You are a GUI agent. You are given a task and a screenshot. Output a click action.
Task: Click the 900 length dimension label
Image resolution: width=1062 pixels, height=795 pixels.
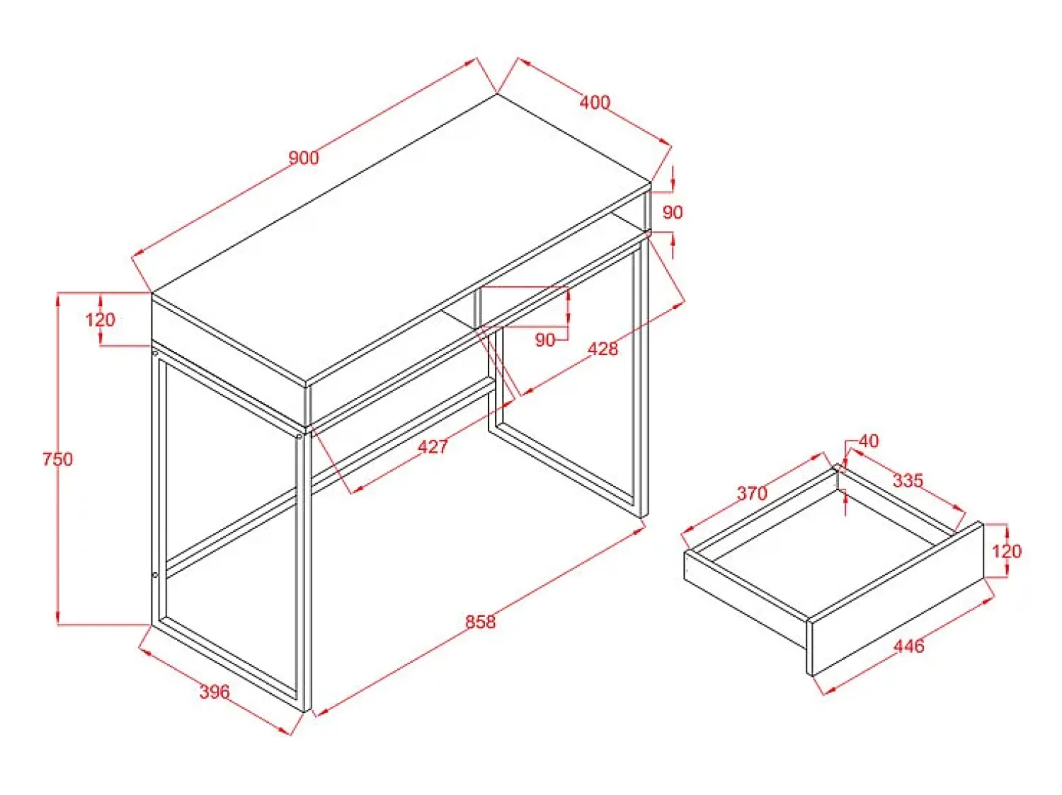tap(303, 158)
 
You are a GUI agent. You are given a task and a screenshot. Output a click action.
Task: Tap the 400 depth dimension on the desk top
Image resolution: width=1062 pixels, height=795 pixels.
tap(595, 103)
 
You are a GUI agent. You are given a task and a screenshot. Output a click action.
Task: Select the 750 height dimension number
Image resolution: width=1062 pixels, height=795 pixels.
tap(57, 458)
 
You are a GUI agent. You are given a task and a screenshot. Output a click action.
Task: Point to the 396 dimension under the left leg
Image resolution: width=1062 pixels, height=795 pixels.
tap(215, 692)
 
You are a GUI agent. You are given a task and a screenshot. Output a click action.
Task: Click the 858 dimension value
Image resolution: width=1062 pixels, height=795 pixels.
tap(480, 622)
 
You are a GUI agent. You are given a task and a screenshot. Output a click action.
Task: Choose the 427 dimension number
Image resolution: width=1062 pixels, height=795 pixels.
tap(433, 446)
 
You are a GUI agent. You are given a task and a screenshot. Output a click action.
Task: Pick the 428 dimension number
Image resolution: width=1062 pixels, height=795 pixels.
tap(603, 349)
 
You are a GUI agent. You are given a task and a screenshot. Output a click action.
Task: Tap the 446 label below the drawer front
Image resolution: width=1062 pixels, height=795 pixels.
tap(908, 646)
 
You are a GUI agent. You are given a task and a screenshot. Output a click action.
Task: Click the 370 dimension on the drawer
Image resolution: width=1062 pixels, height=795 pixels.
tap(752, 494)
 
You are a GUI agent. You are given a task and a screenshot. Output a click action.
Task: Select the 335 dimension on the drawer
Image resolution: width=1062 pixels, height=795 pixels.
tap(908, 480)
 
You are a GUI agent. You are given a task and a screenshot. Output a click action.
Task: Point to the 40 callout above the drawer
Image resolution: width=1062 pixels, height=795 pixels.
tap(869, 441)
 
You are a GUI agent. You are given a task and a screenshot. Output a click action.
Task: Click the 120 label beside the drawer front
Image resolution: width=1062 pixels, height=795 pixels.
tap(1006, 552)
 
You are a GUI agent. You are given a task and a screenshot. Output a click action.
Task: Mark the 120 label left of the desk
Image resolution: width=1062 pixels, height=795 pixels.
tap(100, 320)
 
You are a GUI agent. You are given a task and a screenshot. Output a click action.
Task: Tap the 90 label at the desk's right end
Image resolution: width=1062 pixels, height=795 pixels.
tap(672, 212)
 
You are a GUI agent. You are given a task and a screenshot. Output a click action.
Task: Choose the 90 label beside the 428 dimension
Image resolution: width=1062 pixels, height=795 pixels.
tap(544, 340)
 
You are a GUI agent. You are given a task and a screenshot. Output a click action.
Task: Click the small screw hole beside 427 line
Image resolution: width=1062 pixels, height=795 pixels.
tap(299, 437)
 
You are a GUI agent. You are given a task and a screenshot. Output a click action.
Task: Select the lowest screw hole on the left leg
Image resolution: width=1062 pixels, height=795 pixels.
tap(155, 575)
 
